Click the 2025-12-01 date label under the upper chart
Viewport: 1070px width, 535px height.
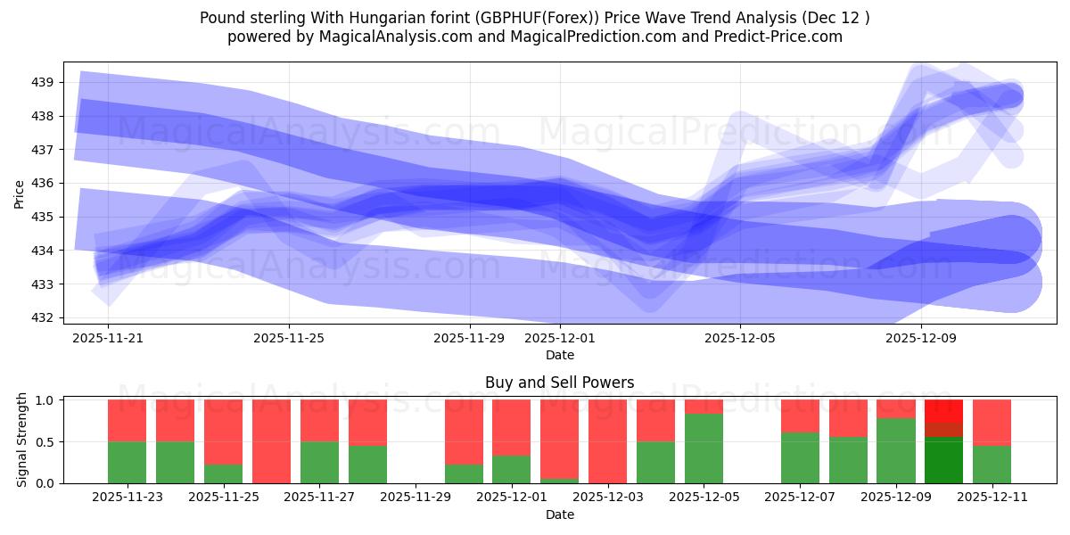(560, 339)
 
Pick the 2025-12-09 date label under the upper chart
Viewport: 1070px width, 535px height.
(921, 339)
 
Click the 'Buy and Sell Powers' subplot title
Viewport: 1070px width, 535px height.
(559, 383)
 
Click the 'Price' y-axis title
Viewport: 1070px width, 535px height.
(20, 193)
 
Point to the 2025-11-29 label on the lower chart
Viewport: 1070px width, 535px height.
(416, 498)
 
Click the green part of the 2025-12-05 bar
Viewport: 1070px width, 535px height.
(704, 448)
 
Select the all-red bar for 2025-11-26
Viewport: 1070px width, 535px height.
(271, 441)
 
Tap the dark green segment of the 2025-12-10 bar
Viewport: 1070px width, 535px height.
(943, 460)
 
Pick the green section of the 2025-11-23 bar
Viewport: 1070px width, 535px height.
(127, 462)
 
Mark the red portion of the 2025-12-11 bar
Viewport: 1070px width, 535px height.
(992, 422)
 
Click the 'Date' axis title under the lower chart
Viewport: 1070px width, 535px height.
(559, 514)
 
